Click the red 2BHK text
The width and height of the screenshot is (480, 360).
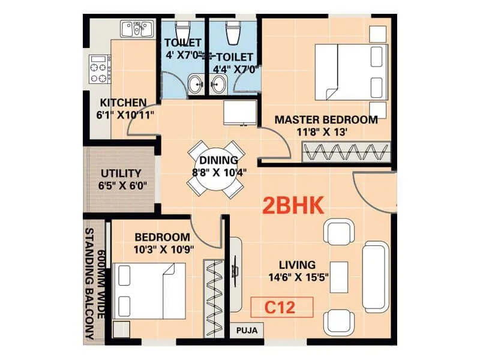(294, 206)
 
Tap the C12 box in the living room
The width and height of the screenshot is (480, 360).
(282, 307)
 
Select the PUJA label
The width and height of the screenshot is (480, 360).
(247, 329)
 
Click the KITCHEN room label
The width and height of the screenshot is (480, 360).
(122, 102)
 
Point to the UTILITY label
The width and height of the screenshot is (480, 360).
(121, 173)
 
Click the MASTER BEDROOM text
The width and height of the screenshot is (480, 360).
(326, 119)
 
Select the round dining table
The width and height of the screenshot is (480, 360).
(215, 167)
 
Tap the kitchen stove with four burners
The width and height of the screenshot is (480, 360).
(100, 70)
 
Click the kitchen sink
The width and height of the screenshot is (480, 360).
(135, 29)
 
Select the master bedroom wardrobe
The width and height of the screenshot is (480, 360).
(346, 152)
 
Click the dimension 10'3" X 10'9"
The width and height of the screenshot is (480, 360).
(162, 250)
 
